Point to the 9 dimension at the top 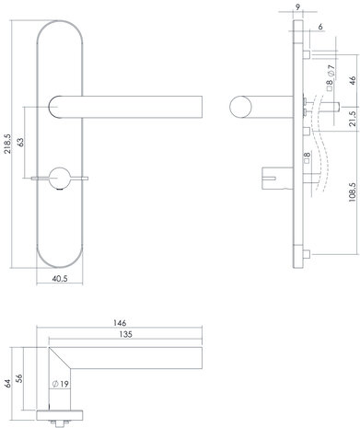tap(298, 8)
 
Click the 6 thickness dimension tap(318, 29)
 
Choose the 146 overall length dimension tap(120, 324)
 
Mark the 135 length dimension tap(124, 337)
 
